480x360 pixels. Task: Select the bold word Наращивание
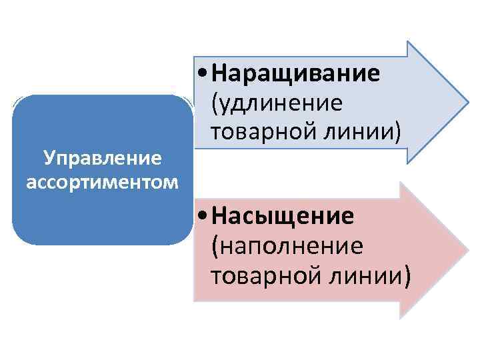point(296,73)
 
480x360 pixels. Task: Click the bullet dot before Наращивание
point(202,73)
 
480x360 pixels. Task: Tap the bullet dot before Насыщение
point(202,217)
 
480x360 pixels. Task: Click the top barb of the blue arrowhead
point(408,43)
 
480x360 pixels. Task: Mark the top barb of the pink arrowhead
point(399,183)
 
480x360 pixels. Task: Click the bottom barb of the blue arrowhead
point(408,162)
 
